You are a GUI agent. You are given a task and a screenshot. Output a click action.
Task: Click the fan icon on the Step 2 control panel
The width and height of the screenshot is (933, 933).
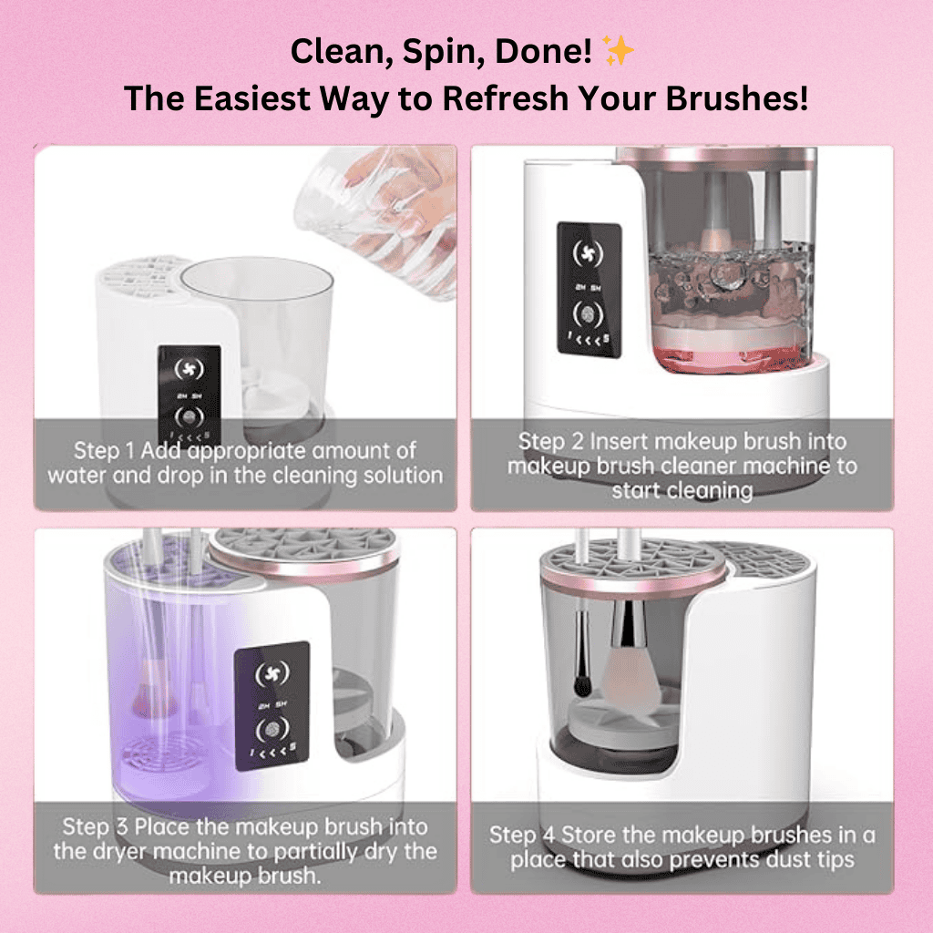[589, 251]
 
